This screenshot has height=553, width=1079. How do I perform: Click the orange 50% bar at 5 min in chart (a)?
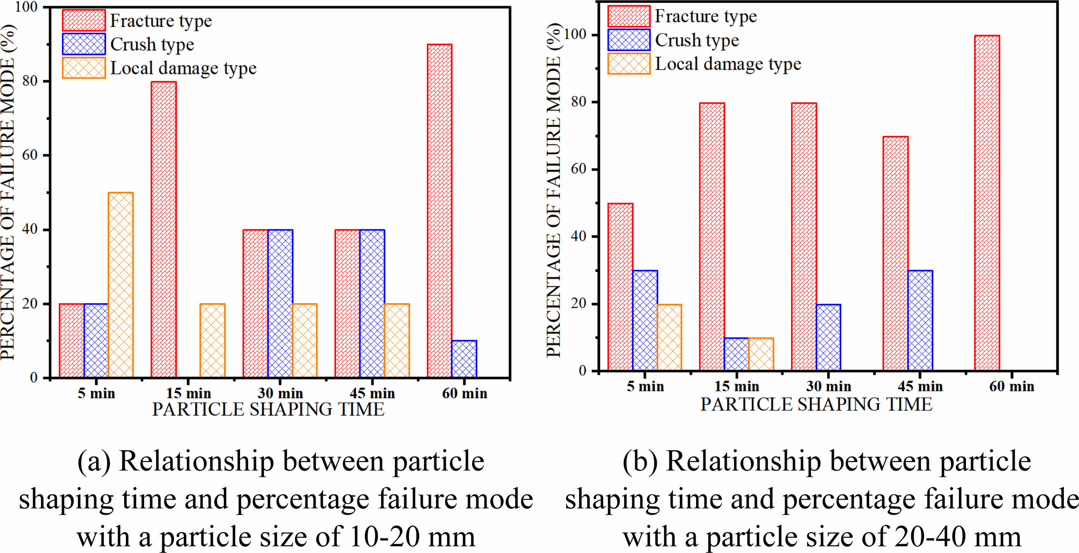(121, 285)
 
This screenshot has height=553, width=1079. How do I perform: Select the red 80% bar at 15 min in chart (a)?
(164, 230)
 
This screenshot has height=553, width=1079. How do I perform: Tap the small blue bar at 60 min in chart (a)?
(464, 359)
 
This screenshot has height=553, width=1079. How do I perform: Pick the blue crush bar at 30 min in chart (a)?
(280, 303)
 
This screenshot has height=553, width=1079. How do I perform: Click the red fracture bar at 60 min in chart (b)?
(987, 203)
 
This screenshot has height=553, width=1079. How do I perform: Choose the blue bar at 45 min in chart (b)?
(920, 320)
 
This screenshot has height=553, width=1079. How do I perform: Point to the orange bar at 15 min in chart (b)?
(761, 354)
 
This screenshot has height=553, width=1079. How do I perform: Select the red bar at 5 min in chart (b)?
(620, 287)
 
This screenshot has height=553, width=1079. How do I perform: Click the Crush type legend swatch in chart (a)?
(84, 44)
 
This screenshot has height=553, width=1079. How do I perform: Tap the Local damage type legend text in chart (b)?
(728, 64)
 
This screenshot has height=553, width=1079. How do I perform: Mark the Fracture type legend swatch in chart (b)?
(629, 16)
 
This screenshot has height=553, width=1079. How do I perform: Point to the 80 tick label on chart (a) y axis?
(30, 81)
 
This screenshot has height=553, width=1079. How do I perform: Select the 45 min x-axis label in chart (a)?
(372, 393)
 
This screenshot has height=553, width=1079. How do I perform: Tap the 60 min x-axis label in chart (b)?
(1012, 386)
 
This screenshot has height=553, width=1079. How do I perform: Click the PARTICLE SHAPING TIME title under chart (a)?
(268, 410)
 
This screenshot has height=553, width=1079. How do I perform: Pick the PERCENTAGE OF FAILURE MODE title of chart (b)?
(554, 191)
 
